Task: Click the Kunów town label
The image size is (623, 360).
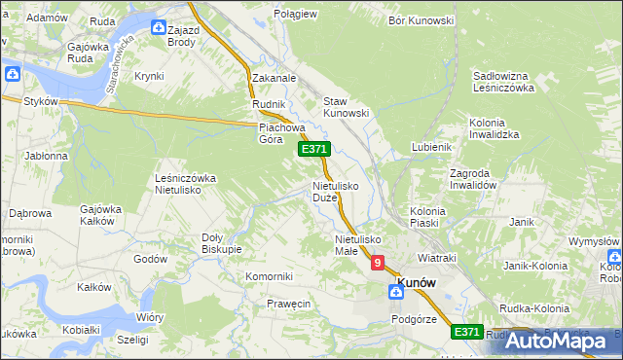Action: click(416, 282)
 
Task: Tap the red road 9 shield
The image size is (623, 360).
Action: click(377, 262)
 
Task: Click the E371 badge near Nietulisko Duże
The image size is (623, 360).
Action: click(314, 149)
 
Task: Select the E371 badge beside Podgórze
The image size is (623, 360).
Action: click(467, 332)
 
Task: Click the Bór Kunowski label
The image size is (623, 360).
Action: click(421, 19)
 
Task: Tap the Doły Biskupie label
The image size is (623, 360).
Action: click(220, 242)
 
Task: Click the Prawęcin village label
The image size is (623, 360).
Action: click(288, 305)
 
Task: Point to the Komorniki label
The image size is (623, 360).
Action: click(269, 276)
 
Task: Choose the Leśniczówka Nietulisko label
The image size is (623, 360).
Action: click(185, 184)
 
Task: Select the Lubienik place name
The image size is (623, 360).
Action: click(431, 146)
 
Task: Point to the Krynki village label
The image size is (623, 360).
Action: click(149, 75)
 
